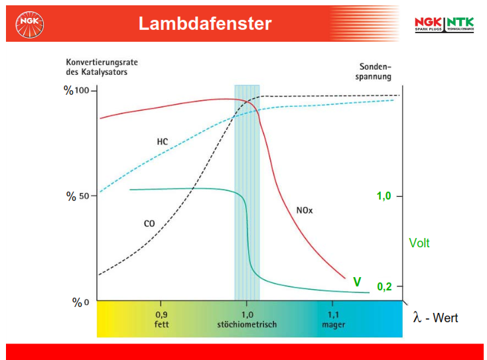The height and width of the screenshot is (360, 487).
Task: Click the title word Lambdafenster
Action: pos(205,24)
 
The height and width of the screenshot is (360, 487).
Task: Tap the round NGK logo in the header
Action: pos(29,25)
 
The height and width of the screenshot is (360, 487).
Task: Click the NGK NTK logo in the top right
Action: pos(444,25)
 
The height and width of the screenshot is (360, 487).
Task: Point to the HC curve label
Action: pos(163,142)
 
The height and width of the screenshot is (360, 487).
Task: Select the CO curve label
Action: pos(149,224)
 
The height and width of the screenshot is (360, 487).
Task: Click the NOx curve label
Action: pos(305,210)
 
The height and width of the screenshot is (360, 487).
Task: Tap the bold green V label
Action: pos(357,282)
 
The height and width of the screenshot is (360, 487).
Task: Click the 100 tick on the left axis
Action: pos(82,90)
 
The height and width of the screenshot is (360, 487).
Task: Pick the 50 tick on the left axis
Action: pos(84,196)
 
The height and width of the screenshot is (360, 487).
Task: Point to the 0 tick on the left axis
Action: pos(86,302)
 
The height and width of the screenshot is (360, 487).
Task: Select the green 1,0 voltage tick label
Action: pos(383,196)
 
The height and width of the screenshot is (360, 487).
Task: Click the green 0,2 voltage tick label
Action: pos(384,287)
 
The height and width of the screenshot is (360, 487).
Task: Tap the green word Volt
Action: pos(419,243)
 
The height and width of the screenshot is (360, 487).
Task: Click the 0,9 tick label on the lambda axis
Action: pos(161,315)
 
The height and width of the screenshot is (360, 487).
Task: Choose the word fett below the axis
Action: pos(161,325)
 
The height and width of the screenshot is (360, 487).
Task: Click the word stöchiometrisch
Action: pos(247,325)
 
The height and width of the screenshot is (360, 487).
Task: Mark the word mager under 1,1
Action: pos(334,325)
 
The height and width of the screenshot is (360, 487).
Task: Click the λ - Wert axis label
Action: pos(435,318)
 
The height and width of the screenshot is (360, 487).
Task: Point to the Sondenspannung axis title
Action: pos(374,72)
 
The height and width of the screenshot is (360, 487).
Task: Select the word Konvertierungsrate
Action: pos(102,62)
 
